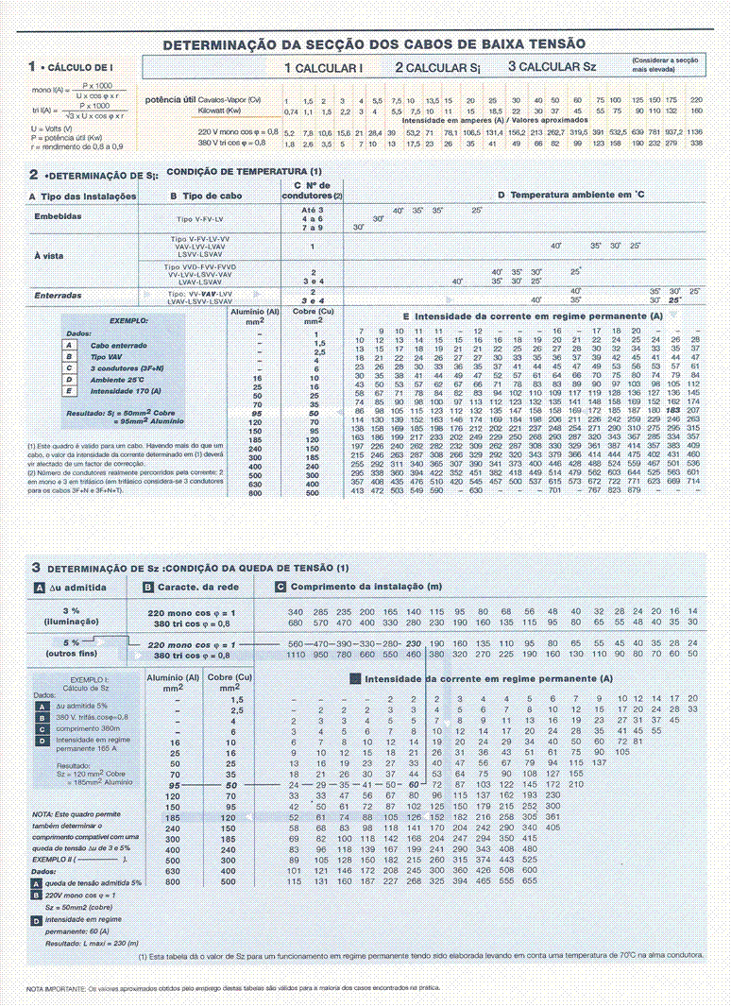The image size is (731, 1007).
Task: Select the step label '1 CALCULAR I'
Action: click(x=323, y=68)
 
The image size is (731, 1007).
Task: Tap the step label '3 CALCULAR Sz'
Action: click(x=552, y=67)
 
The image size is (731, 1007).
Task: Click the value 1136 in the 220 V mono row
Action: click(x=695, y=132)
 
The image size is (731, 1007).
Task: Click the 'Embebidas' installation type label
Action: click(x=58, y=216)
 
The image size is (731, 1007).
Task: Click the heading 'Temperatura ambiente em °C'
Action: click(x=577, y=196)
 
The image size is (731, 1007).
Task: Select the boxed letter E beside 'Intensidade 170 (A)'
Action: click(x=69, y=390)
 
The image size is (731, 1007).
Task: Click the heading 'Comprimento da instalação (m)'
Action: click(x=365, y=587)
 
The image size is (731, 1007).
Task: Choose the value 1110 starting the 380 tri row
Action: click(x=295, y=655)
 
